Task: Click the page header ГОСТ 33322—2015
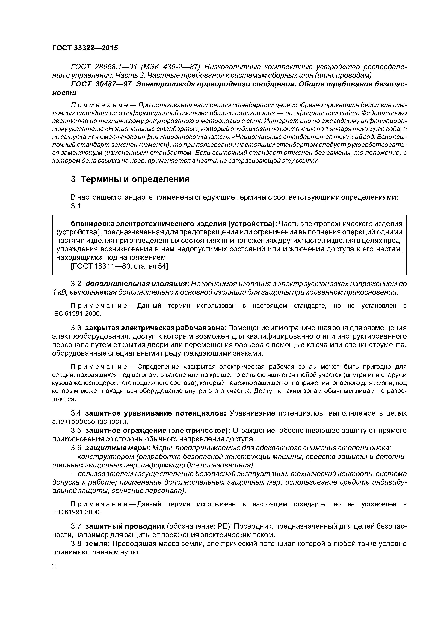[85, 48]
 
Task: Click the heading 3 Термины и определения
[130, 179]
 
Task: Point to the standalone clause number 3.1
[76, 206]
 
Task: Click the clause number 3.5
[76, 431]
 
